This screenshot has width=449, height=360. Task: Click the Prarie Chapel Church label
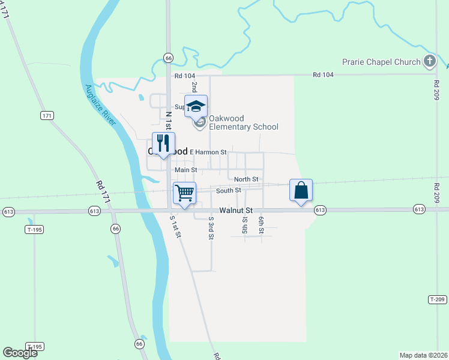[x=381, y=61]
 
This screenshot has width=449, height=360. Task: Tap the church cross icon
[x=429, y=61]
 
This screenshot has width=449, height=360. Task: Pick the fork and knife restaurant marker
[x=163, y=144]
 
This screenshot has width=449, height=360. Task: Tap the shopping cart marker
[x=185, y=194]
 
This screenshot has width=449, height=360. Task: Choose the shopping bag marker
[x=301, y=191]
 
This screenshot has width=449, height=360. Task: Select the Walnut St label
[x=237, y=211]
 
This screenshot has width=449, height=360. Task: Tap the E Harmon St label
[x=208, y=152]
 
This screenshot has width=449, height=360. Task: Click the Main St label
[x=186, y=170]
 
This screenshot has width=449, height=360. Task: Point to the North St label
[x=246, y=179]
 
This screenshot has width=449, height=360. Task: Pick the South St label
[x=229, y=191]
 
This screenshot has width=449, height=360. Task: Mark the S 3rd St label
[x=211, y=228]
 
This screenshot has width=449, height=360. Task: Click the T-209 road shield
[x=437, y=299]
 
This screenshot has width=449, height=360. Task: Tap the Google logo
[x=20, y=353]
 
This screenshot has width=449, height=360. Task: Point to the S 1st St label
[x=175, y=226]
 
